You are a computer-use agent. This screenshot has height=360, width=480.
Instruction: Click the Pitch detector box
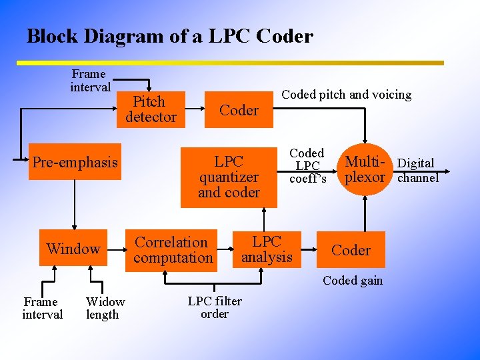tap(151, 109)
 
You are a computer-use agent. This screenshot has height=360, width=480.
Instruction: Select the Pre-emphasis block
tap(75, 162)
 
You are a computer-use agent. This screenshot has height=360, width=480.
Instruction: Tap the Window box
tap(73, 249)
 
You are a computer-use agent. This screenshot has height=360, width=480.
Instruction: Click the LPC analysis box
tap(267, 249)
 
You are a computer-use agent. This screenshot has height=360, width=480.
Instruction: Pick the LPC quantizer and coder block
tap(229, 177)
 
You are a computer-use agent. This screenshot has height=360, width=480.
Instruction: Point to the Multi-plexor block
tap(365, 169)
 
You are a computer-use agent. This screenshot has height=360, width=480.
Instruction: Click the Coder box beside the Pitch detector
tap(239, 110)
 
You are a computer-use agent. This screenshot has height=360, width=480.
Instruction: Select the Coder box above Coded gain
tap(351, 250)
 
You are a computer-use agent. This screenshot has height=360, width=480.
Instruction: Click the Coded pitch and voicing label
tap(346, 95)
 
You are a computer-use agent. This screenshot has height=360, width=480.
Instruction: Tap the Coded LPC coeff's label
tap(307, 165)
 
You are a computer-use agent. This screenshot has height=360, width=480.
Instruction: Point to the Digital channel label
tap(417, 170)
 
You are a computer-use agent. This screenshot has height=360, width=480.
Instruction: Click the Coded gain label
tap(353, 281)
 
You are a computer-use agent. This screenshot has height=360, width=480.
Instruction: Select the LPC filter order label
tap(215, 307)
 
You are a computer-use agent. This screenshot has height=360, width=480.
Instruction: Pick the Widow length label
tap(105, 308)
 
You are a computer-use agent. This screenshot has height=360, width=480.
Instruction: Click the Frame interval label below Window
tap(42, 308)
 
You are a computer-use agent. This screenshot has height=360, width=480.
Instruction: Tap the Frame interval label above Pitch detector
tap(90, 80)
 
